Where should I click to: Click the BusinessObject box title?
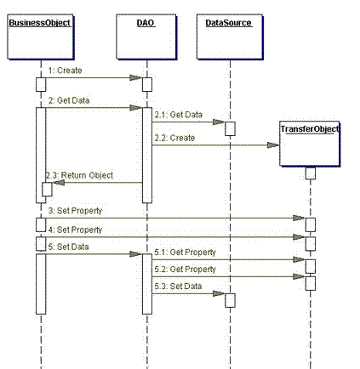tap(39, 23)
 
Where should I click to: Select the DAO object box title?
tap(146, 23)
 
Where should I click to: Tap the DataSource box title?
tap(229, 23)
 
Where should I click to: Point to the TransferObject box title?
tap(310, 129)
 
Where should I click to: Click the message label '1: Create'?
tap(65, 71)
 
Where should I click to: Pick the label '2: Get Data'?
tap(69, 100)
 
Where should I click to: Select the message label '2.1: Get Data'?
tap(179, 115)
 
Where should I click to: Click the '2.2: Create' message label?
tap(174, 138)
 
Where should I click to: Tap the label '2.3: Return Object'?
tap(79, 175)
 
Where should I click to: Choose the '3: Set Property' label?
tap(75, 211)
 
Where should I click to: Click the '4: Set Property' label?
tap(75, 230)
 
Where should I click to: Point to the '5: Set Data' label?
tap(68, 247)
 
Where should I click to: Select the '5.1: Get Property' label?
tap(185, 253)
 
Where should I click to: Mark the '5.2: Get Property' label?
tap(185, 270)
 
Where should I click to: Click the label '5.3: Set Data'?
tap(178, 287)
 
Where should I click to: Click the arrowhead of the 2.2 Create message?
tap(273, 145)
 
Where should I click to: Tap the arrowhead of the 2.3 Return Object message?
tap(59, 183)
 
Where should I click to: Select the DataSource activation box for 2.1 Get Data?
tap(230, 128)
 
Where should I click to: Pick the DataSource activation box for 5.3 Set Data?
tap(230, 300)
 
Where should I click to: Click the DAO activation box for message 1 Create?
tap(147, 84)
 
